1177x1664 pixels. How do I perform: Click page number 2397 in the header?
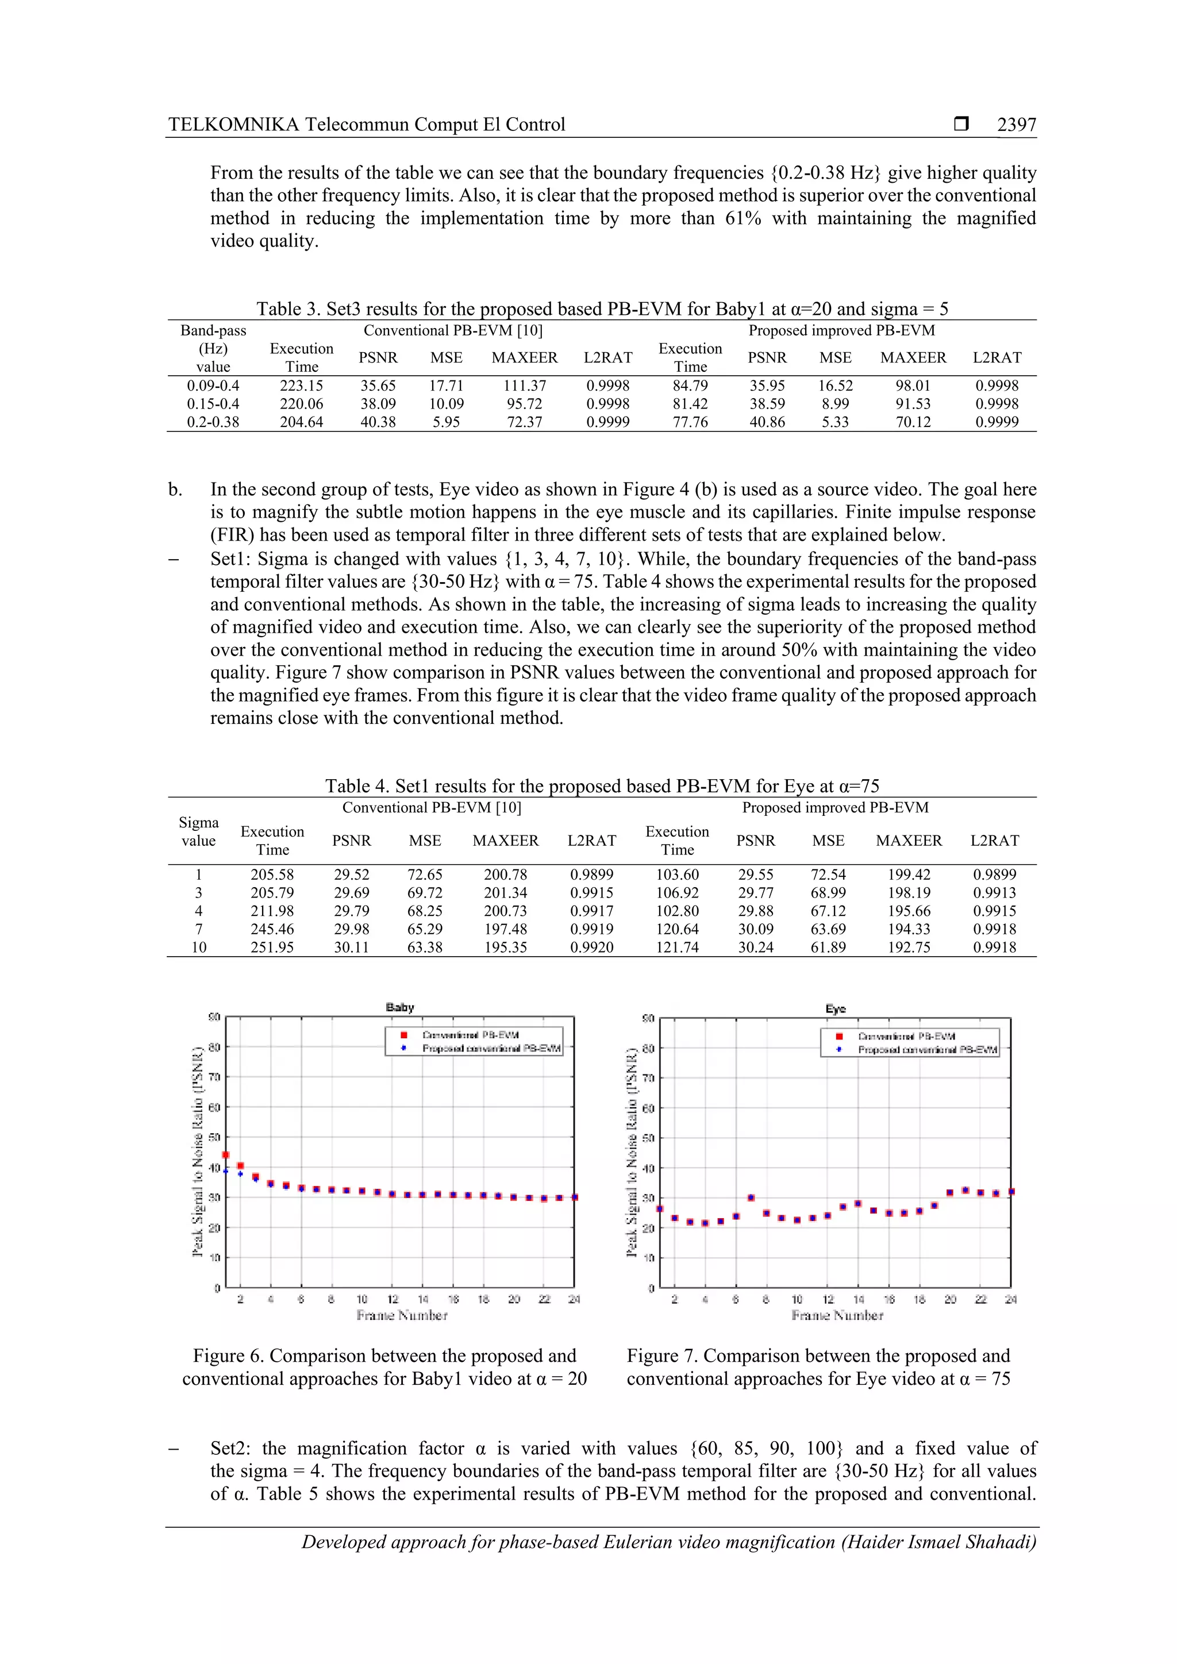pos(1016,125)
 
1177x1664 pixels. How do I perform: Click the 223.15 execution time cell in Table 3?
pos(302,386)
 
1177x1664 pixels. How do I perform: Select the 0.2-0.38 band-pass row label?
pos(213,422)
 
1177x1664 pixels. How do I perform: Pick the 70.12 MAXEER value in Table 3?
pos(913,422)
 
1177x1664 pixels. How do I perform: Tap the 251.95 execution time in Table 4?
pos(272,947)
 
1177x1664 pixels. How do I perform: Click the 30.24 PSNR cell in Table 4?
pos(755,947)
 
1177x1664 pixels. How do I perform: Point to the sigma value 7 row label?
pos(199,929)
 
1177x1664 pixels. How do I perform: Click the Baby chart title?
pos(399,1007)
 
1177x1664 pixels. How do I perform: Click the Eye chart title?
pos(835,1009)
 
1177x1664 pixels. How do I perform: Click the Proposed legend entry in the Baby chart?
pos(491,1049)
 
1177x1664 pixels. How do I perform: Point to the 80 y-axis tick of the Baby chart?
pos(214,1046)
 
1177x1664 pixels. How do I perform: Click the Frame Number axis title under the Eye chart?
pos(837,1315)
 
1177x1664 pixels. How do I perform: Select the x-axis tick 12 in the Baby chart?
pos(392,1300)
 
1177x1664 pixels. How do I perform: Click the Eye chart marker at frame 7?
pos(751,1198)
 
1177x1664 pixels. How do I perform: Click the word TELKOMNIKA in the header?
pos(233,125)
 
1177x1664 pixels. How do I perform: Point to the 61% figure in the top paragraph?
pos(743,218)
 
